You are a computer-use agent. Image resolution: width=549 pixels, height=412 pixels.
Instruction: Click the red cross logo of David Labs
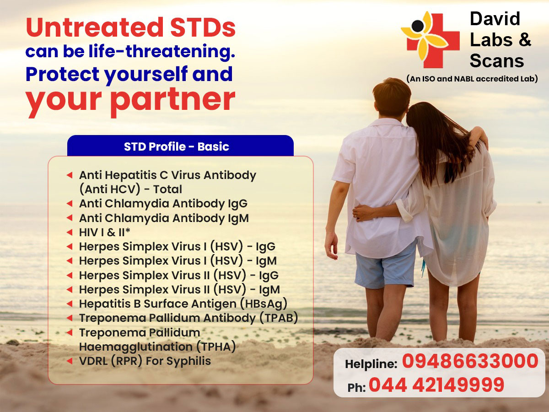coord(433,40)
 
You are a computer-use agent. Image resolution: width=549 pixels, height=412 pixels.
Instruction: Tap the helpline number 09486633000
coord(470,361)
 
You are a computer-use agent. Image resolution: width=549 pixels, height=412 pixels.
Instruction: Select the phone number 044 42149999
coord(436,385)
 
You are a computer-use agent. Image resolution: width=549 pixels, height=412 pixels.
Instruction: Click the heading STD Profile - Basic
coord(176,146)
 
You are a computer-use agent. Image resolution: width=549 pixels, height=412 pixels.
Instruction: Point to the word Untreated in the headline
coord(95,27)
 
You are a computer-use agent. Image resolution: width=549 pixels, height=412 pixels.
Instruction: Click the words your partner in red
coord(130,101)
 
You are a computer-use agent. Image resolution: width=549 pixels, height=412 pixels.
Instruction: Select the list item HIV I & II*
coord(105,233)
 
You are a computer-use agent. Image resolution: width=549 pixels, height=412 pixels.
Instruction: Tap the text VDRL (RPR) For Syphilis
coord(145,361)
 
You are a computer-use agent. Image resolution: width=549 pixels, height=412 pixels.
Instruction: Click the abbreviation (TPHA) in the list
coord(216,347)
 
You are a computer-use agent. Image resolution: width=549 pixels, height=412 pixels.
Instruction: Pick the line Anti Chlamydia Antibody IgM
coord(164,218)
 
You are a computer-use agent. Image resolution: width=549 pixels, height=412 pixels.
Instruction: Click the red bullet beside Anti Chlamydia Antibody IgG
coord(70,204)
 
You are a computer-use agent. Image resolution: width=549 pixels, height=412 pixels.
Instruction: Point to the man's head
coord(392,96)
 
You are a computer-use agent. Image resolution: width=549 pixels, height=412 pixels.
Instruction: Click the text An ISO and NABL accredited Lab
coord(472,79)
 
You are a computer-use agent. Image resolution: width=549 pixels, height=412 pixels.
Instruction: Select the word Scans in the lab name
coord(497,61)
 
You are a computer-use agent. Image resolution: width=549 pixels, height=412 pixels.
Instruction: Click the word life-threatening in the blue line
coord(162,51)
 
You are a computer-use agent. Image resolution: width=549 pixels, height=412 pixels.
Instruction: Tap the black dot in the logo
coord(417,26)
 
